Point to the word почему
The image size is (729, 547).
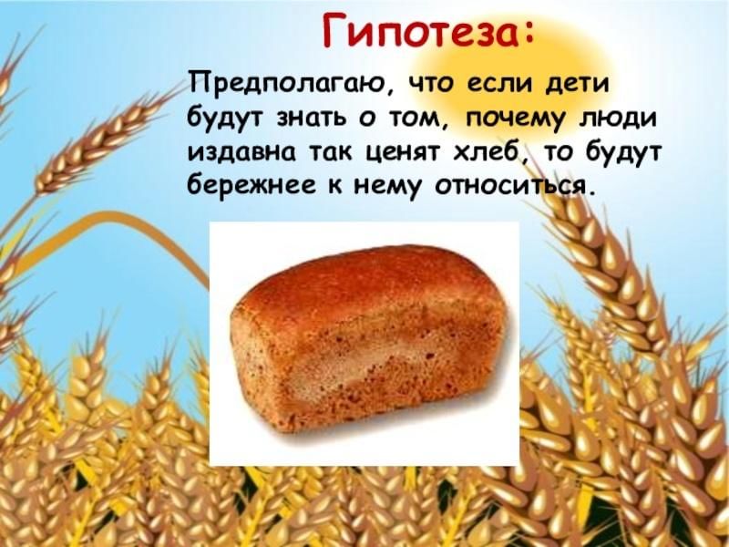pyautogui.click(x=517, y=120)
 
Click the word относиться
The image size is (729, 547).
pyautogui.click(x=508, y=186)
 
